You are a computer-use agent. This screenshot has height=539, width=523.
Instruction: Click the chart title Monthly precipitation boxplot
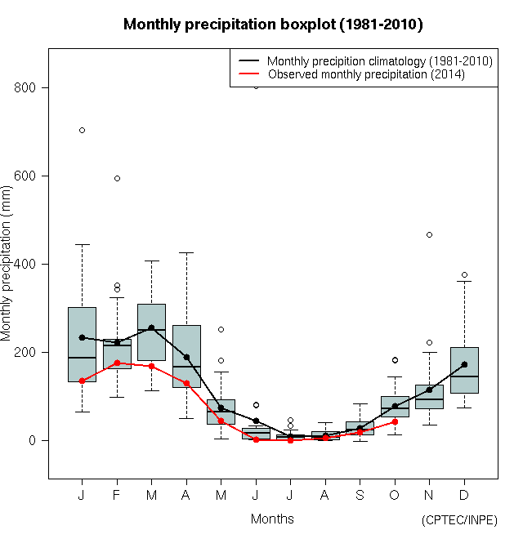(x=273, y=24)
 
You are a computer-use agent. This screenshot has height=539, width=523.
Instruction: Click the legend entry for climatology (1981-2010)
(x=379, y=61)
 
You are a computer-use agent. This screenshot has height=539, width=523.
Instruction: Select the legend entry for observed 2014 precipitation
(x=366, y=74)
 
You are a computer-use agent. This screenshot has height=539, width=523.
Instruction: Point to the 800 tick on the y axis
(x=34, y=88)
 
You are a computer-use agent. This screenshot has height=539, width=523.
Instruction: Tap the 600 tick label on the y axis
(x=34, y=176)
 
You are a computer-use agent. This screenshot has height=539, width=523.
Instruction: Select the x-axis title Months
(x=272, y=519)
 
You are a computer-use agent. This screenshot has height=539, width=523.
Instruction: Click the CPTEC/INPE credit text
(x=459, y=520)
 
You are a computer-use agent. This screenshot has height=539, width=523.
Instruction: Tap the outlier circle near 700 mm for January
(x=82, y=131)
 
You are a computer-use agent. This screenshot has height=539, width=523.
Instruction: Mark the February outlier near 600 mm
(x=117, y=178)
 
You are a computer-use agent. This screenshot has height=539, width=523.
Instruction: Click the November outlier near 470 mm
(x=429, y=235)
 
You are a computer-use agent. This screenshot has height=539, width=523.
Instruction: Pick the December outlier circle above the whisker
(x=464, y=275)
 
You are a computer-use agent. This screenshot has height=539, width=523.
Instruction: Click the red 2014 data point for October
(x=395, y=421)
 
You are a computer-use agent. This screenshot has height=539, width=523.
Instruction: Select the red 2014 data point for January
(x=82, y=381)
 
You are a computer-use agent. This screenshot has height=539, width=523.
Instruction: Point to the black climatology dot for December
(x=464, y=364)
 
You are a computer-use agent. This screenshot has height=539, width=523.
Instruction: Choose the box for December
(x=464, y=370)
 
